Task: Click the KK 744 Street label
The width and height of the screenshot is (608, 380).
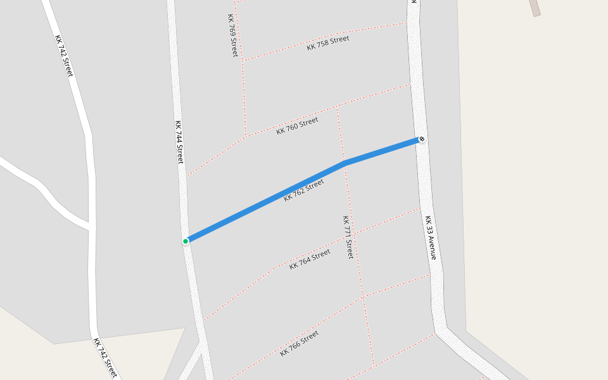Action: click(x=179, y=142)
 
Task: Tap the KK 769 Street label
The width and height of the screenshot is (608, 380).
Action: click(x=232, y=35)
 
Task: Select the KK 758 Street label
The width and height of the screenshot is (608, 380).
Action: click(x=328, y=43)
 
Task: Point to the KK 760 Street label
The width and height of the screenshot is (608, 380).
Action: click(x=297, y=125)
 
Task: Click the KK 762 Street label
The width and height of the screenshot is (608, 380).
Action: click(x=304, y=190)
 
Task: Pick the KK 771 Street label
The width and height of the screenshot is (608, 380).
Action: click(x=348, y=237)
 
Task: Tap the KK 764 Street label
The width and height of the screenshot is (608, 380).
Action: click(x=310, y=259)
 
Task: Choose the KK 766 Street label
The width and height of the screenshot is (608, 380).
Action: click(x=300, y=343)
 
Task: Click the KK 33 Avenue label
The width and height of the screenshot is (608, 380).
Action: click(x=431, y=237)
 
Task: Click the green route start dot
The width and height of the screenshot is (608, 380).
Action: click(x=186, y=241)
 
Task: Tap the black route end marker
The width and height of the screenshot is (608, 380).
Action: click(x=422, y=139)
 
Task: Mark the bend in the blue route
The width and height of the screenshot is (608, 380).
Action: click(x=344, y=163)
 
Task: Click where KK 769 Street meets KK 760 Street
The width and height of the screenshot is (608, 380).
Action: click(x=246, y=136)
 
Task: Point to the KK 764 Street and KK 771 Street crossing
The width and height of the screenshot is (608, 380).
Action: click(x=354, y=234)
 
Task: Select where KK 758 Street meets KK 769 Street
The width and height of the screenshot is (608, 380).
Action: click(x=243, y=60)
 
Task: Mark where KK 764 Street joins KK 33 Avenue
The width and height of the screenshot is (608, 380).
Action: click(x=420, y=208)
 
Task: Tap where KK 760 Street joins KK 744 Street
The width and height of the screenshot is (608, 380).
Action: click(x=186, y=177)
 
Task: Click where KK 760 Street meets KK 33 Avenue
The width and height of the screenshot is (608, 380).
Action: click(x=410, y=84)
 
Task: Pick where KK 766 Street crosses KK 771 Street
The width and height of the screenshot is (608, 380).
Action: click(x=364, y=296)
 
